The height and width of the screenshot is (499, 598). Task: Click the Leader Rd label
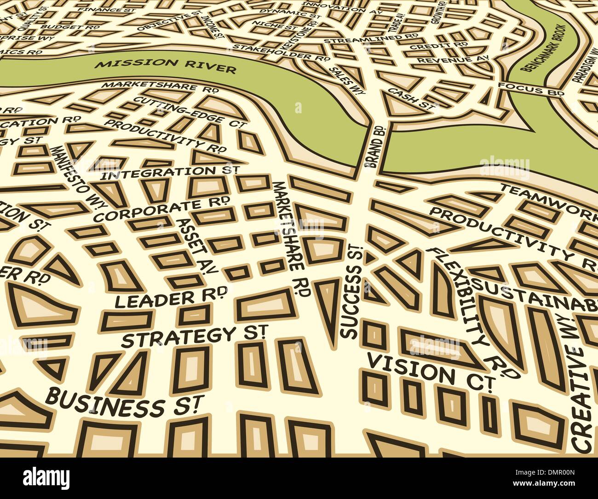pos(170,297)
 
